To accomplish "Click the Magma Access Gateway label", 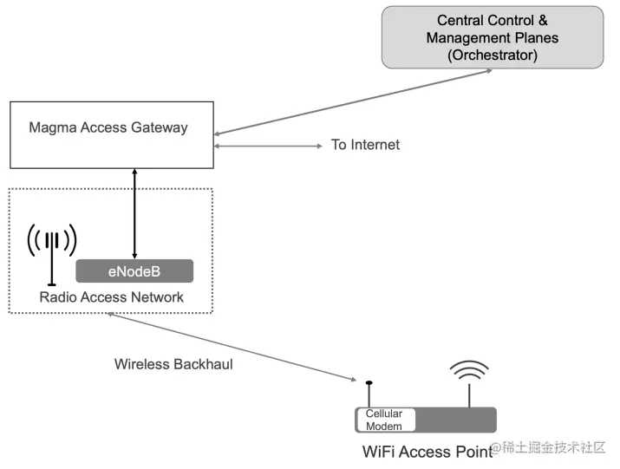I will pos(108,127).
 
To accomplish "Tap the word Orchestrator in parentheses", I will pos(493,55).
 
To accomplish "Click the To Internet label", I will pos(365,145).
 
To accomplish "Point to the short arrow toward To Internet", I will pos(268,146).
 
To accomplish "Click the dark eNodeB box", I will pos(134,271).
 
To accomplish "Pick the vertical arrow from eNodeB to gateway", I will pos(134,212).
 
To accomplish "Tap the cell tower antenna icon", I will pos(52,251).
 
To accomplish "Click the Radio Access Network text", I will pos(112,297).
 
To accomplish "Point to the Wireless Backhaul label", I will pos(173,364).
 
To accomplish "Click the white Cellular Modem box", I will pos(386,420).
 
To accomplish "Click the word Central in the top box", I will pos(460,20).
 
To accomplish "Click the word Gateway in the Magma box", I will pos(159,127).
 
